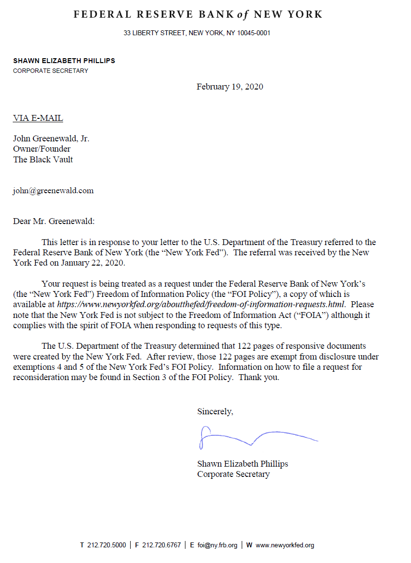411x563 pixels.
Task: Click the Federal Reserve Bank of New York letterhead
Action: click(x=198, y=15)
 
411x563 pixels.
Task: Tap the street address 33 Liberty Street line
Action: click(x=197, y=33)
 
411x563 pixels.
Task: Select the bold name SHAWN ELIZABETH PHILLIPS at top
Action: click(x=64, y=61)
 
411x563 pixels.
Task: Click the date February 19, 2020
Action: click(x=229, y=87)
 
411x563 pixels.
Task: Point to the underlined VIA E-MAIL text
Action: click(x=38, y=118)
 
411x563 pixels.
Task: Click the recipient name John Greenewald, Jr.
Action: click(x=51, y=139)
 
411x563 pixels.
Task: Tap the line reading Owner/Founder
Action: click(x=42, y=149)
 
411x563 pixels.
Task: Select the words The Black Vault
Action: click(x=43, y=159)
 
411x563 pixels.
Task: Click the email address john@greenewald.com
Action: click(x=53, y=191)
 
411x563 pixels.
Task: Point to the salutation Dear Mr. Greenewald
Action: click(x=54, y=221)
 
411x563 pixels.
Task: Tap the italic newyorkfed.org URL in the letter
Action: click(x=201, y=304)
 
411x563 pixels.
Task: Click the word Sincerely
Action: click(x=215, y=412)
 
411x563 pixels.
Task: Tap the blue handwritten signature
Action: click(x=254, y=437)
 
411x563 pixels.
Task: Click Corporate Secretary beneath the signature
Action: click(x=233, y=474)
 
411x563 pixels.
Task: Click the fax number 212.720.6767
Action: click(x=161, y=545)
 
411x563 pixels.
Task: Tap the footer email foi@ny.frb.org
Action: click(x=217, y=545)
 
